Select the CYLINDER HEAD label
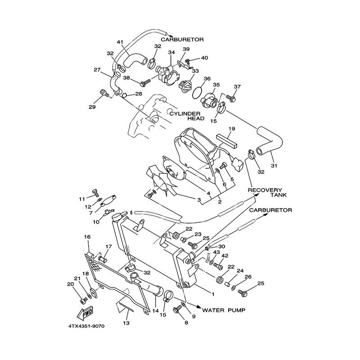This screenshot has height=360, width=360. (x=187, y=116)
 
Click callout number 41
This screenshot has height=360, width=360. (x=120, y=42)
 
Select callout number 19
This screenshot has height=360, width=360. (x=231, y=128)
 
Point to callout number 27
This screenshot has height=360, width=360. (x=97, y=70)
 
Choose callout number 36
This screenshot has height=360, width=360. (x=207, y=78)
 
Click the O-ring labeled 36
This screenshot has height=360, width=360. (x=197, y=93)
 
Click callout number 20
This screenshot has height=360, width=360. (x=70, y=284)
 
